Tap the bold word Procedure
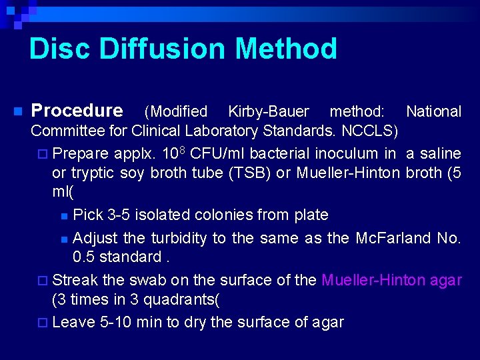[77, 110]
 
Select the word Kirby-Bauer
[269, 111]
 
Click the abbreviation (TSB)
[249, 173]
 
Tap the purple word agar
[446, 280]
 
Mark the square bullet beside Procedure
[18, 111]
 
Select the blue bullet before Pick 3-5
[63, 216]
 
